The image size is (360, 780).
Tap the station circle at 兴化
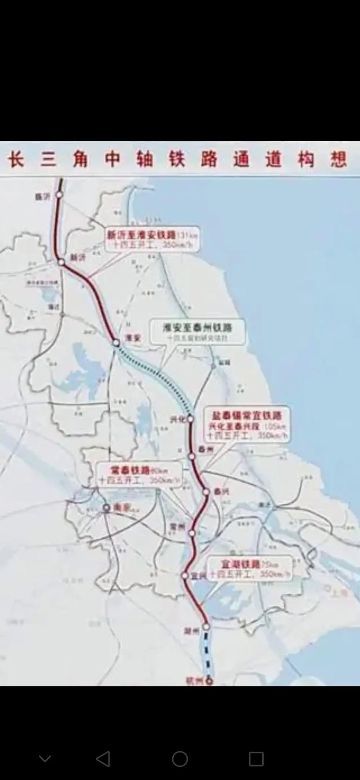[x=190, y=419]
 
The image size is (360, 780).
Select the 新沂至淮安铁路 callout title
[x=141, y=234]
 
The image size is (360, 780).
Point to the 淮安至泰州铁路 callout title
[x=197, y=327]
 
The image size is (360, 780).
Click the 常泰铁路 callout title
[x=130, y=470]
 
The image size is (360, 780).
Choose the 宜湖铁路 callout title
[x=240, y=564]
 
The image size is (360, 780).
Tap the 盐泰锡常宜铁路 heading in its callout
[x=247, y=415]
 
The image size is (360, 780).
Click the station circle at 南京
[x=107, y=508]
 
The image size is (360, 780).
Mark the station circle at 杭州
[x=209, y=681]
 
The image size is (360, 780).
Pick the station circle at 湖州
[x=206, y=626]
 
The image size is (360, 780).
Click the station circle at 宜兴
[x=184, y=576]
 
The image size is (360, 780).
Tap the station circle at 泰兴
[x=206, y=492]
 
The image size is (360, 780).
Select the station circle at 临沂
[x=59, y=195]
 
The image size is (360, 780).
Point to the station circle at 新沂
[x=61, y=262]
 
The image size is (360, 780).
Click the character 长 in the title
[x=16, y=159]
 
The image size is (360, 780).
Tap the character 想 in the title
[x=338, y=159]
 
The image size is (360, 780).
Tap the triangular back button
[x=103, y=758]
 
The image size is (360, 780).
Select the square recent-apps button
[x=256, y=758]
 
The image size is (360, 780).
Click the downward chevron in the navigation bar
[x=45, y=759]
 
